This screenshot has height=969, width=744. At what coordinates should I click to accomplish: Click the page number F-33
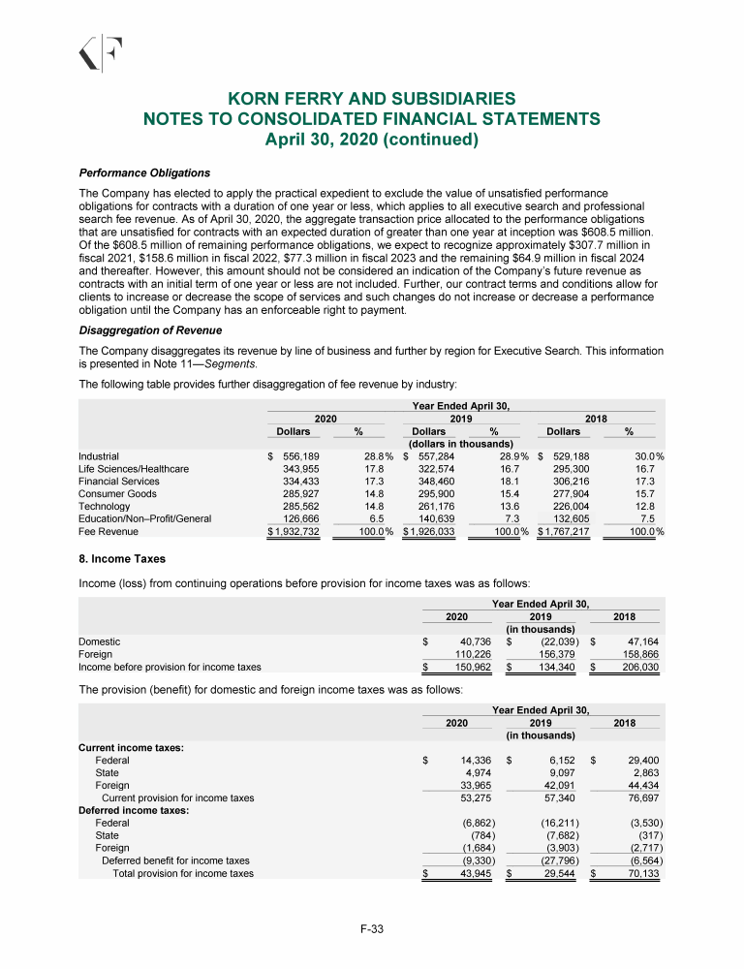coord(372,930)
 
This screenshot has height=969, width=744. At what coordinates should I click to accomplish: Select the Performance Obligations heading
coord(144,172)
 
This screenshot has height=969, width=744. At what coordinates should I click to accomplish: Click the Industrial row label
coord(99,455)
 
